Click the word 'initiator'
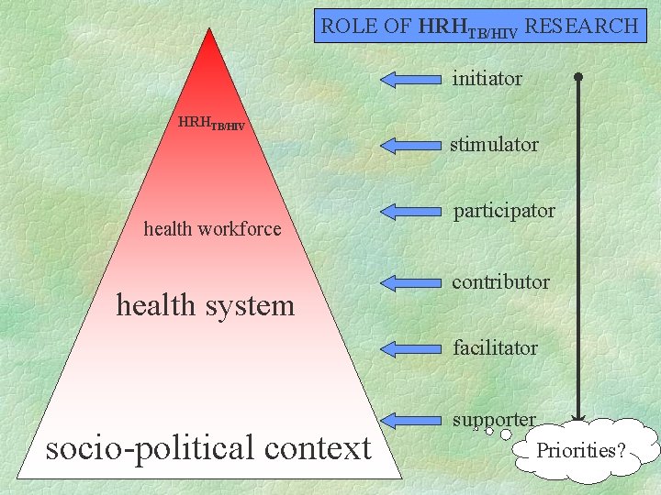tap(487, 79)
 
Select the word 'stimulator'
tap(493, 145)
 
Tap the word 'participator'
tap(503, 211)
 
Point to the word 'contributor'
tap(500, 282)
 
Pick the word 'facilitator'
tap(495, 348)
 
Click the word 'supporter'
tap(493, 420)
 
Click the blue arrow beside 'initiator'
tap(411, 79)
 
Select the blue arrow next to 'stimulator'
tap(411, 145)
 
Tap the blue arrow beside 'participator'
tap(411, 212)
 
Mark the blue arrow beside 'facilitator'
tap(411, 348)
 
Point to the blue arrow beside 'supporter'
tap(411, 420)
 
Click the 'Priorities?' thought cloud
tap(581, 450)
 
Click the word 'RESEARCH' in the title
tap(582, 27)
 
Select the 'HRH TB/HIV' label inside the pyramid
tap(211, 123)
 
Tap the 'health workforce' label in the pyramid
tap(212, 229)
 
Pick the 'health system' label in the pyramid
tap(206, 305)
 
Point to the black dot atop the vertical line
tap(578, 77)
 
